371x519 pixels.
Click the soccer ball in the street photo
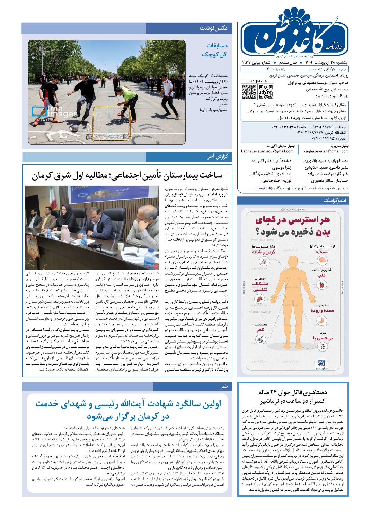coord(75,127)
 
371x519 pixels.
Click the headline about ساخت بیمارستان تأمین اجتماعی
coord(127,176)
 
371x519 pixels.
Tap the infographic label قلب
coord(322,275)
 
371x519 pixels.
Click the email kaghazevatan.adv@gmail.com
coord(267,151)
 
